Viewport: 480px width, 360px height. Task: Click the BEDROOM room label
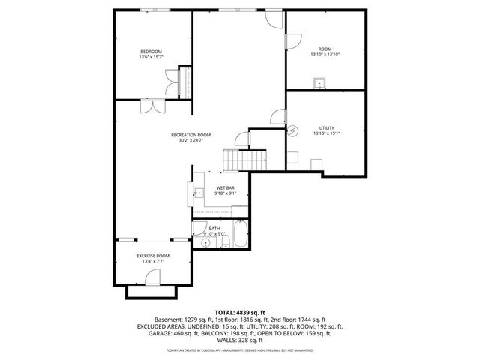(150, 51)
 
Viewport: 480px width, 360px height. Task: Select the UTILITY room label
(326, 127)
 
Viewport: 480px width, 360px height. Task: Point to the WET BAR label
(225, 187)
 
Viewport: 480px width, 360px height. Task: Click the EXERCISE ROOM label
(153, 256)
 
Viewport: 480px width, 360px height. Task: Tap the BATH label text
(214, 228)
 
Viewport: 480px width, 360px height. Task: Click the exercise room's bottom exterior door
(153, 280)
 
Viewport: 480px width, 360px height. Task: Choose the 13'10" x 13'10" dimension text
(326, 55)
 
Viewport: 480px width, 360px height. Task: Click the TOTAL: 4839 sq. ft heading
(240, 311)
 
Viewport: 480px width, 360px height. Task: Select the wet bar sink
(198, 193)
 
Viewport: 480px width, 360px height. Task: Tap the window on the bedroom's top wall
(150, 10)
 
